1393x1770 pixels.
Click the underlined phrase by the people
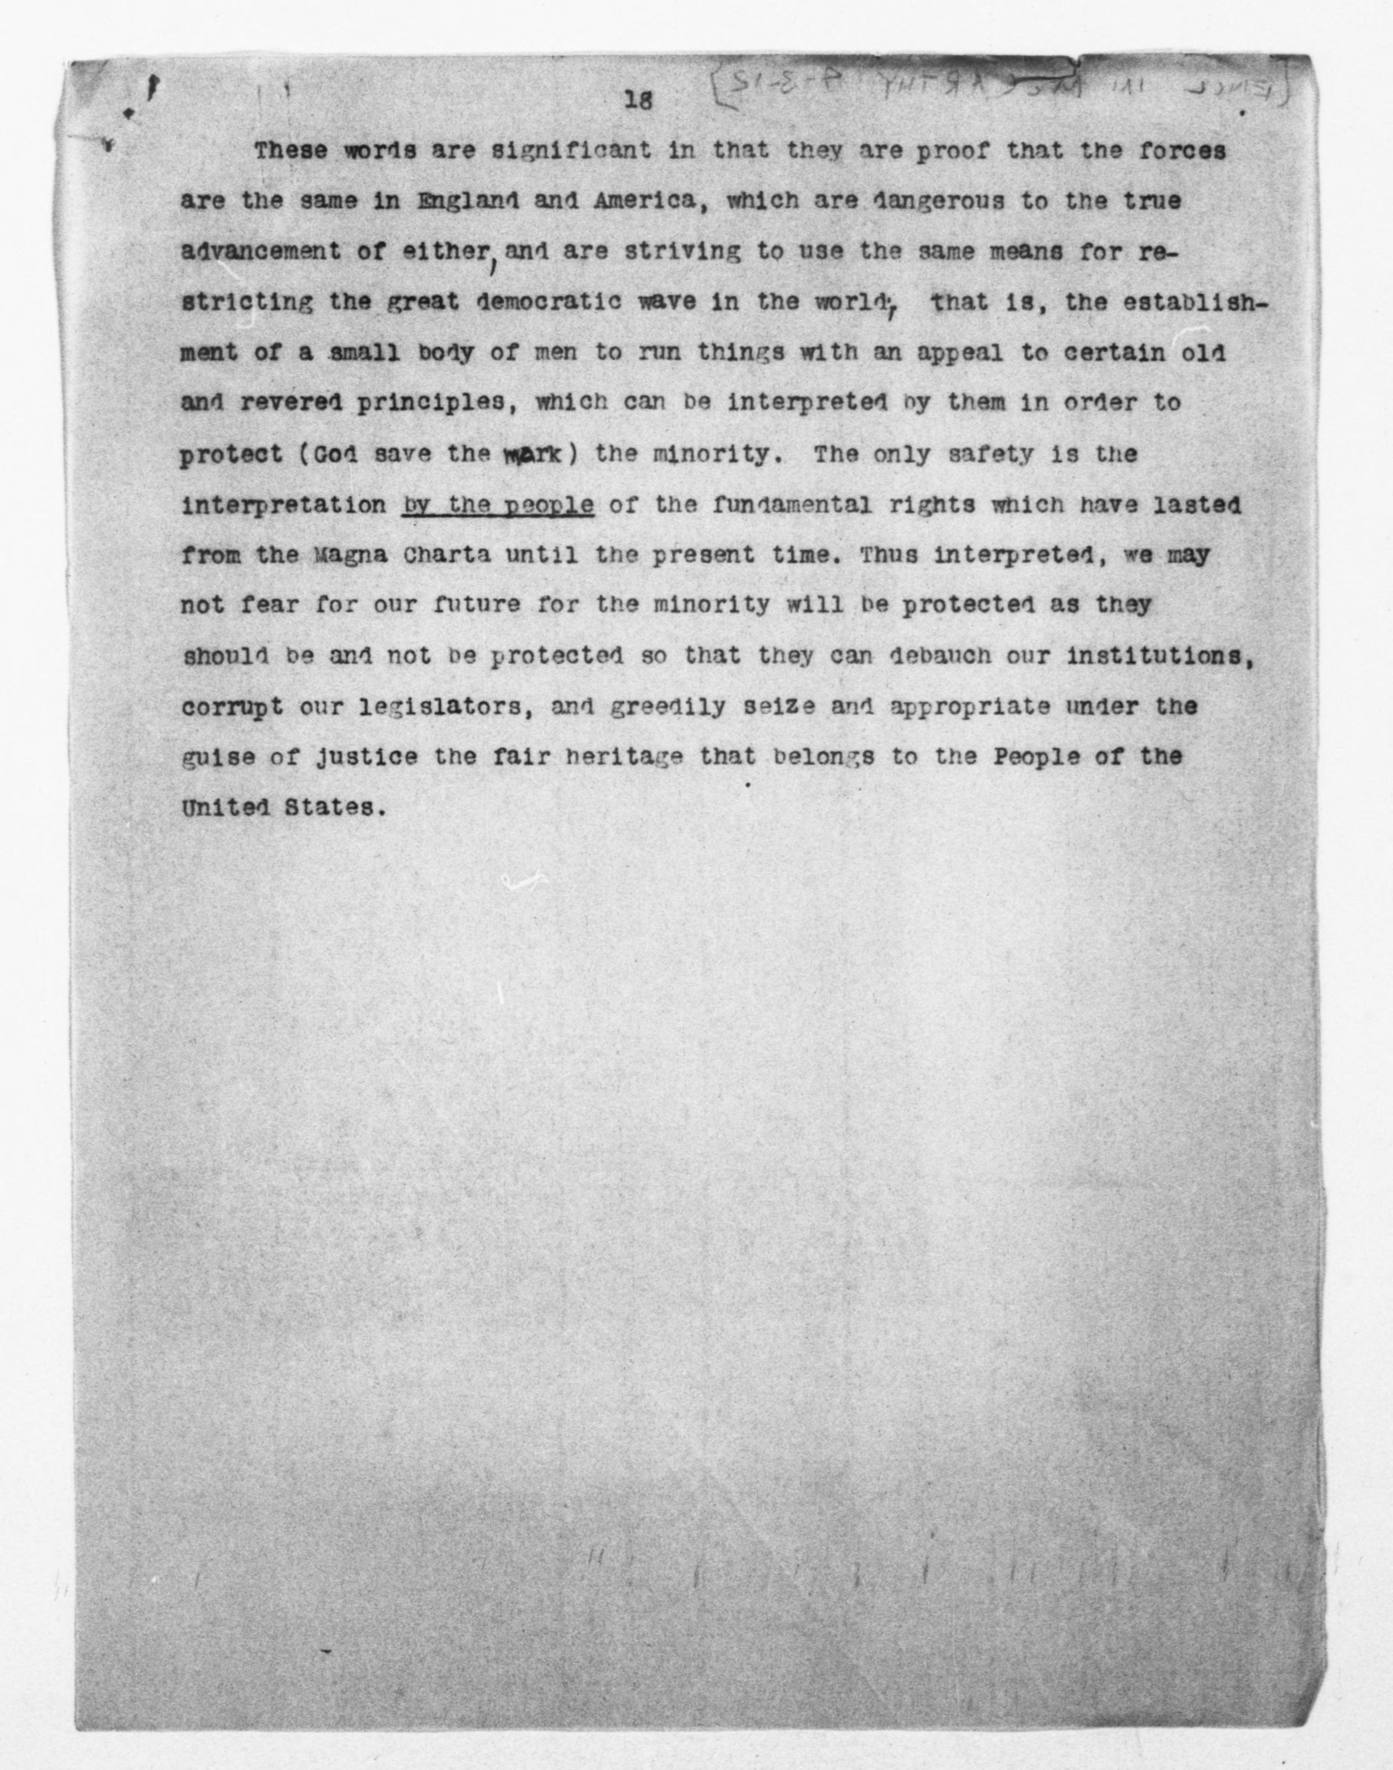click(x=498, y=505)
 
